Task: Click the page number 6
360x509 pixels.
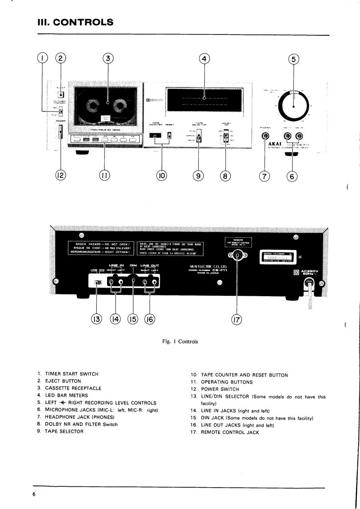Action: point(34,494)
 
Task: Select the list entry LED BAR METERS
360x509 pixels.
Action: point(68,395)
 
